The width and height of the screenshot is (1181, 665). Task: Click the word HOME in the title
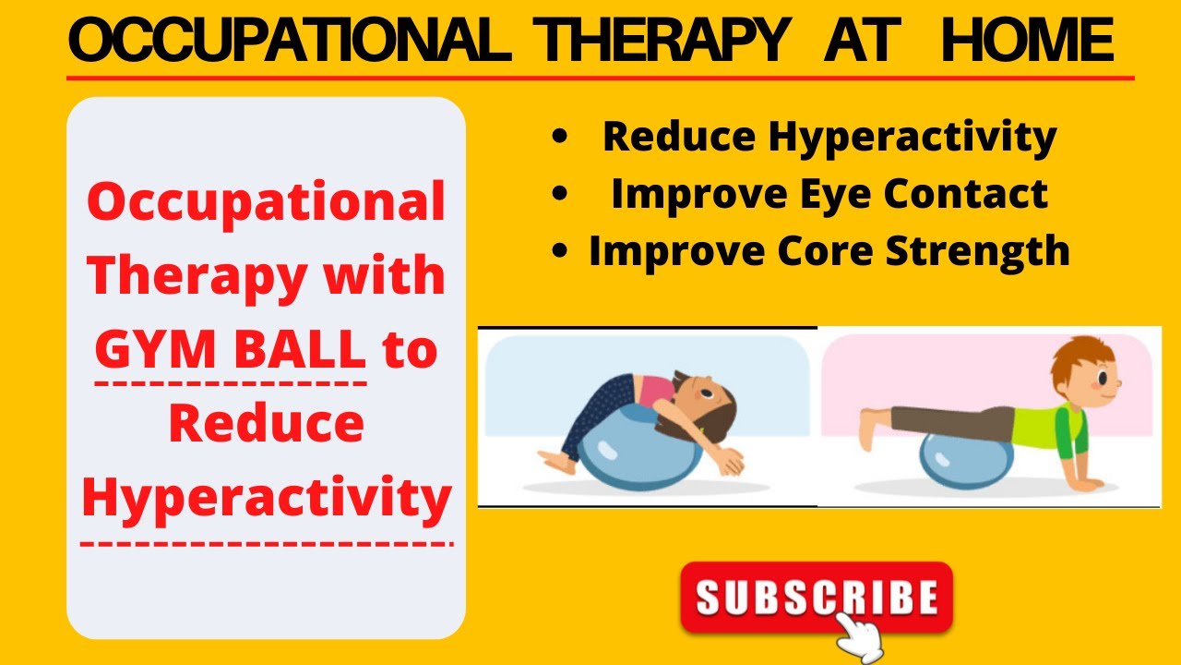click(1026, 42)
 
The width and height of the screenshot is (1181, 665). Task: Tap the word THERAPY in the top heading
click(663, 42)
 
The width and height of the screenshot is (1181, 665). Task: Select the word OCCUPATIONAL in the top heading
click(290, 42)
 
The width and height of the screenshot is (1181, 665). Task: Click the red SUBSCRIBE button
click(816, 597)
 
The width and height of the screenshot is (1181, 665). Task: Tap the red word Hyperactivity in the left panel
click(267, 496)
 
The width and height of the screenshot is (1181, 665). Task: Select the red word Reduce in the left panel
click(267, 423)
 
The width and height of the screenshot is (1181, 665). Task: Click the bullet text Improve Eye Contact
click(829, 194)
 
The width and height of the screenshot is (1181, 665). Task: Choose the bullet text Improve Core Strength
click(829, 250)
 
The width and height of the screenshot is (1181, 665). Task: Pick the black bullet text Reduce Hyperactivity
click(829, 137)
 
